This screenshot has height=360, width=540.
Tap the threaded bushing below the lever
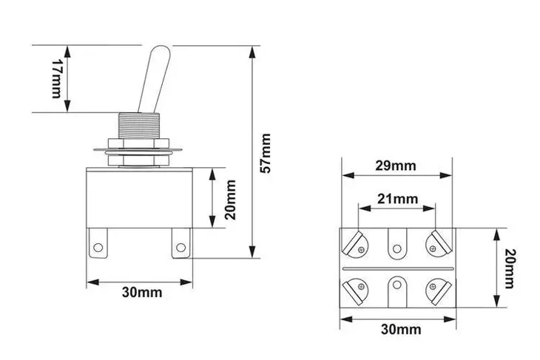(140, 125)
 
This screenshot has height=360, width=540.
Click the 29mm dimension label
(395, 166)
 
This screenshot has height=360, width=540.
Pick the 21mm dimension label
(397, 199)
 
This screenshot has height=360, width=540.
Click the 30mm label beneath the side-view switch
(141, 291)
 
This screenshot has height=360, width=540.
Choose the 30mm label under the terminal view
(397, 328)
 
